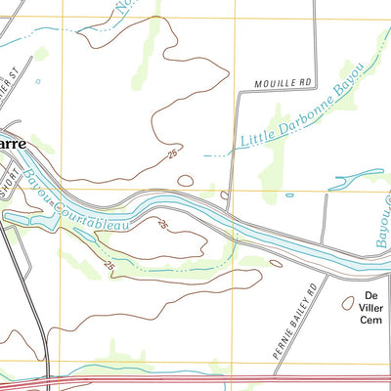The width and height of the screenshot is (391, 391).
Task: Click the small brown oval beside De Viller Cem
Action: (348, 304)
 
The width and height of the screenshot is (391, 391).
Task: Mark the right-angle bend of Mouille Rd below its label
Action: (239, 93)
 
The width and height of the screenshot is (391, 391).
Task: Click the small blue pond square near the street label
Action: (38, 81)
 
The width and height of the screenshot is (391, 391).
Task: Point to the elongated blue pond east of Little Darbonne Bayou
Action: (357, 177)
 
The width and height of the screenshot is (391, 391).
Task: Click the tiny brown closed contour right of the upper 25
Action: (185, 179)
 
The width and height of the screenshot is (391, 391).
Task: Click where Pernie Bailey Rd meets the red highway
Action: (284, 375)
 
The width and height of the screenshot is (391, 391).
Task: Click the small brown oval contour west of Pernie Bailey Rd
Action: (277, 263)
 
